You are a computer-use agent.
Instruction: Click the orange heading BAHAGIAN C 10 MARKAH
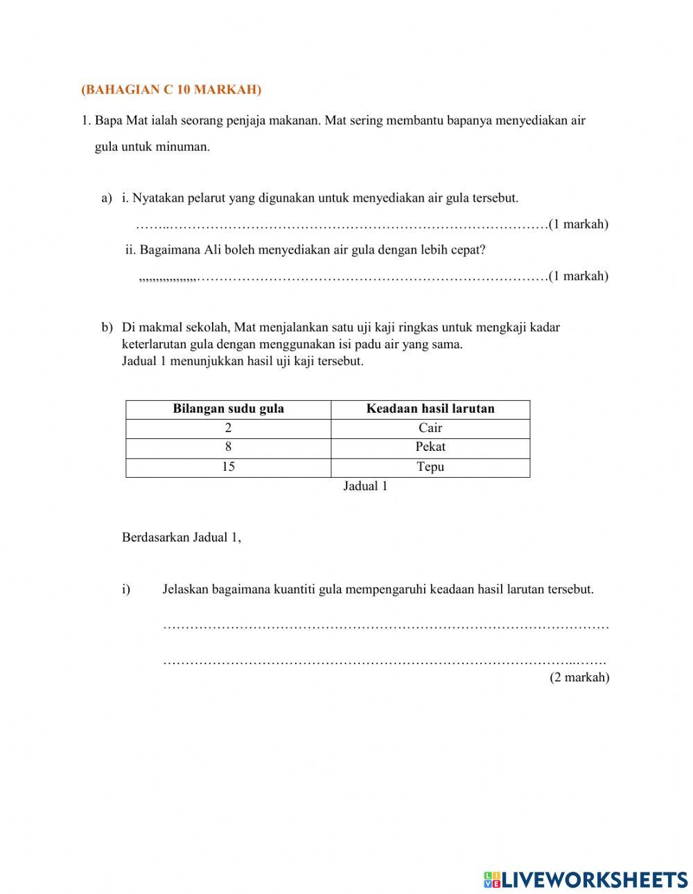click(171, 89)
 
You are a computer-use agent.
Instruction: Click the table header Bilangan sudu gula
click(228, 409)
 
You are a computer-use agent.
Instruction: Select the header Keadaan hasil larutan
click(430, 409)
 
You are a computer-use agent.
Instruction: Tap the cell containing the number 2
click(228, 428)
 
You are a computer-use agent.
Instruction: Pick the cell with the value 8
click(228, 447)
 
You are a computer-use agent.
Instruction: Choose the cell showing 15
click(228, 467)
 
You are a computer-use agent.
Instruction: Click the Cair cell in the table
click(430, 428)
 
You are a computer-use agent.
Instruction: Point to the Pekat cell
click(430, 447)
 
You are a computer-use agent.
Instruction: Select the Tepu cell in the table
click(430, 467)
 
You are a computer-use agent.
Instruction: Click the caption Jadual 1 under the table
click(365, 486)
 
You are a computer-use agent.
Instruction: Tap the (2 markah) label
click(579, 677)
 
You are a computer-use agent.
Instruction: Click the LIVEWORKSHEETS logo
click(586, 879)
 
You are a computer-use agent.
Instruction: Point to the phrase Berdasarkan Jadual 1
click(182, 537)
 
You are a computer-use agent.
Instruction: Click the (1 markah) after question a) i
click(579, 224)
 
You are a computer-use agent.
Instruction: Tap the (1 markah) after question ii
click(579, 276)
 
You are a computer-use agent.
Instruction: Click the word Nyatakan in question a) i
click(156, 198)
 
